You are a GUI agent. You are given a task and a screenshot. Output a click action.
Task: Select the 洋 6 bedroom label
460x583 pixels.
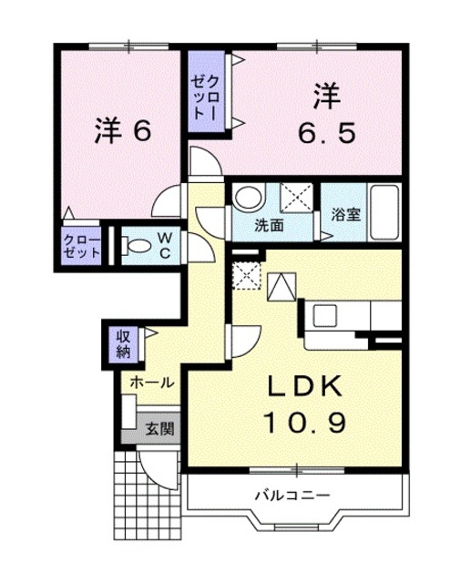(121, 131)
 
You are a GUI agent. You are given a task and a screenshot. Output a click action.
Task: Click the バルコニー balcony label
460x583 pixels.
(291, 496)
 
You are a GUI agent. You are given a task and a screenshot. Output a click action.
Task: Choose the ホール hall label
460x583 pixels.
(150, 383)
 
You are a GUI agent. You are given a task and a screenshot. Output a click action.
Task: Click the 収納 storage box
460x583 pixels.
(123, 343)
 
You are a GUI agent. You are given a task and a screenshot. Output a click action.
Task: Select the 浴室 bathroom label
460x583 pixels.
(345, 215)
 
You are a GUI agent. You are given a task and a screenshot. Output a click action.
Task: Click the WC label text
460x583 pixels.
(166, 244)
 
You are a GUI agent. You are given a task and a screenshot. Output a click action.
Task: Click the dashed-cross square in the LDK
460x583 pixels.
(246, 272)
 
